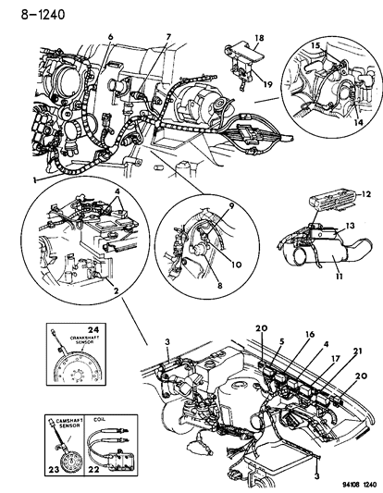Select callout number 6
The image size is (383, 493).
pos(110,36)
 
